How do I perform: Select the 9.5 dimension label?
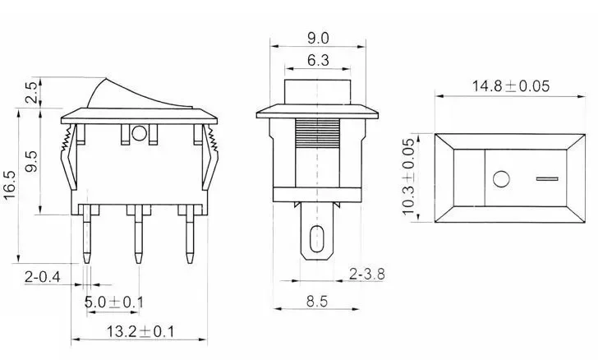32,155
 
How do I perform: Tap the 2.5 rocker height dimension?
32,92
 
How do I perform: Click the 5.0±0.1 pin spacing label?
114,302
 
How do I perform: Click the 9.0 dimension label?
318,37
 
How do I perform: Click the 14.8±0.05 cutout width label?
509,85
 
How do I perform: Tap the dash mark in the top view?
546,178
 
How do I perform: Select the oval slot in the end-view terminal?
317,241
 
